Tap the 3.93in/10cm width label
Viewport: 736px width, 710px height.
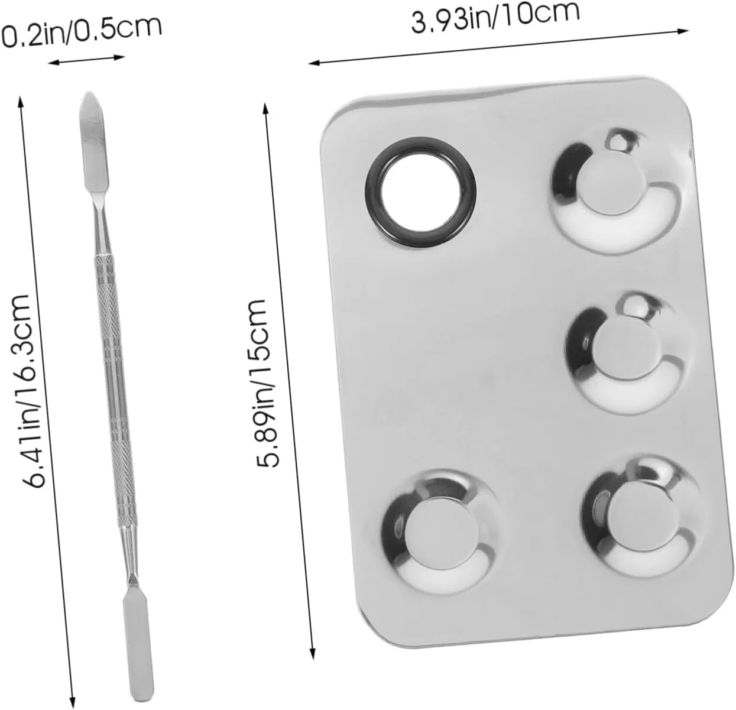(495, 17)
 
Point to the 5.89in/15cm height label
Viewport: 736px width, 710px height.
(264, 383)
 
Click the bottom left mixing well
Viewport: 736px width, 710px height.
(439, 531)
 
